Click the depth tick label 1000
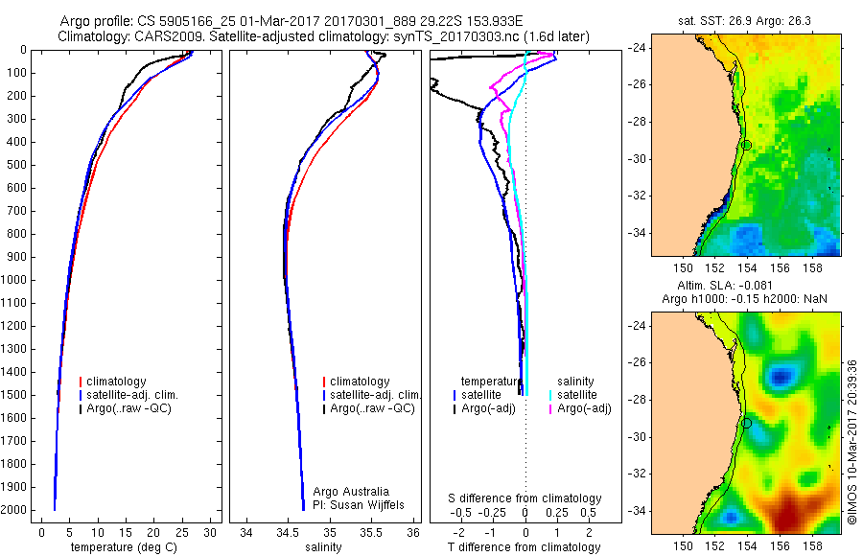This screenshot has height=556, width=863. pos(17,280)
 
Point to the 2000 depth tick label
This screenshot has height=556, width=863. pos(17,510)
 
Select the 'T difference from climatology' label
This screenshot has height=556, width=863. pos(524,547)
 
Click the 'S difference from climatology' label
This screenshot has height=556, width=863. pos(525,498)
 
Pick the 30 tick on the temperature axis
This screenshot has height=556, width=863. pos(211,531)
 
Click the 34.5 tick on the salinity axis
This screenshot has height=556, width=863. pos(287,531)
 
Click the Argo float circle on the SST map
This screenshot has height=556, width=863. pos(746,145)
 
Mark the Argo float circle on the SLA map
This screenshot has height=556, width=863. pos(746,423)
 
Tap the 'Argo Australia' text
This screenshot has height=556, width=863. pos(351,492)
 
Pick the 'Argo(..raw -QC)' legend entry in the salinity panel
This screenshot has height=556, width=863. pos(372,408)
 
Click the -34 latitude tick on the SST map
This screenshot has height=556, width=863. pos(638,233)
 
